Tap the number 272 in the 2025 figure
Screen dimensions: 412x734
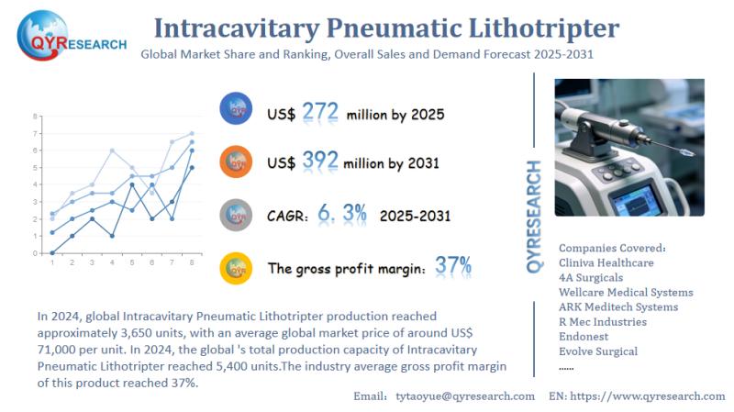319,112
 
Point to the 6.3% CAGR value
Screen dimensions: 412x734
342,214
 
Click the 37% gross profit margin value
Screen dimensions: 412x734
453,267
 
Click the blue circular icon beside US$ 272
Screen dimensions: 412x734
237,110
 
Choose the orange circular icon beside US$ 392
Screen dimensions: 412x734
237,161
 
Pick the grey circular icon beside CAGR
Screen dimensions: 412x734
237,215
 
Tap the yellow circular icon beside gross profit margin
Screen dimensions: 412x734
237,268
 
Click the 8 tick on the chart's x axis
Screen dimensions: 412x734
191,263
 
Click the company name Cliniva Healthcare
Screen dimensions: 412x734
606,262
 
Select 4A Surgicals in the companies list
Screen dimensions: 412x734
590,277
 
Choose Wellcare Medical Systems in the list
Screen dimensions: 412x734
626,292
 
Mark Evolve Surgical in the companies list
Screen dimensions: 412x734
598,351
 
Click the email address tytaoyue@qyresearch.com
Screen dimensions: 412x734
464,395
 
